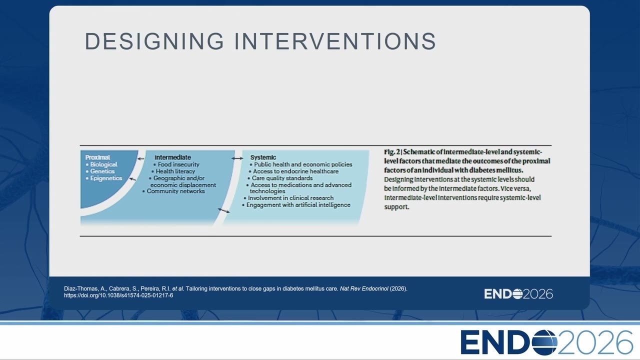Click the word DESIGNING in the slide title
click(x=154, y=41)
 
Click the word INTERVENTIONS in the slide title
click(x=335, y=41)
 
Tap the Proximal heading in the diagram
click(x=97, y=157)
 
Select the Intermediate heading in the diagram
click(x=172, y=157)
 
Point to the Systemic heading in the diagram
click(x=263, y=157)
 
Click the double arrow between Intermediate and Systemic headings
click(x=237, y=158)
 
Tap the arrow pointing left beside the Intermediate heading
click(x=141, y=159)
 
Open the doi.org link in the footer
click(x=118, y=295)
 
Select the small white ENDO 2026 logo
click(x=518, y=294)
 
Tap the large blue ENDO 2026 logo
click(x=547, y=342)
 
